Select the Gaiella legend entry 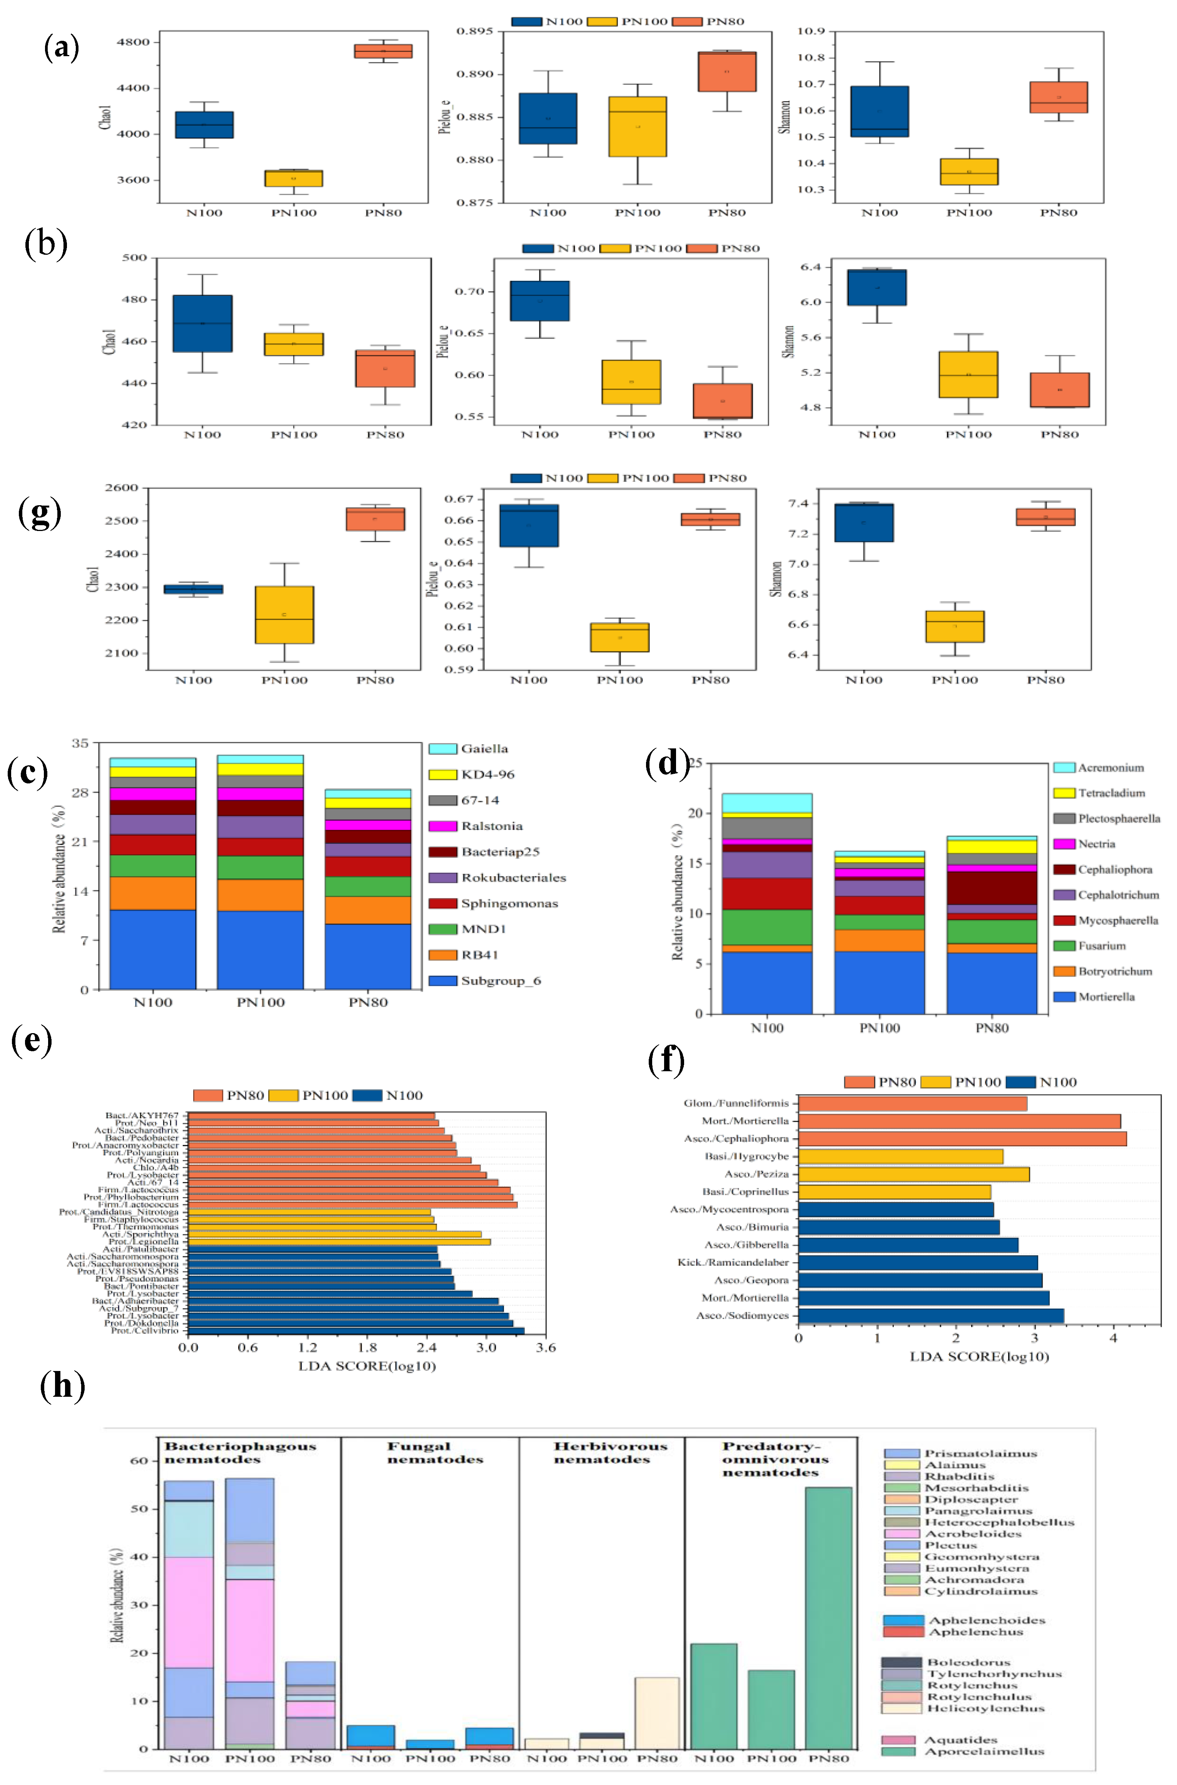point(484,748)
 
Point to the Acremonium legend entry point(1110,767)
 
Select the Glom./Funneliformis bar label point(736,1103)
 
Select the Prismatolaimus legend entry point(980,1453)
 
